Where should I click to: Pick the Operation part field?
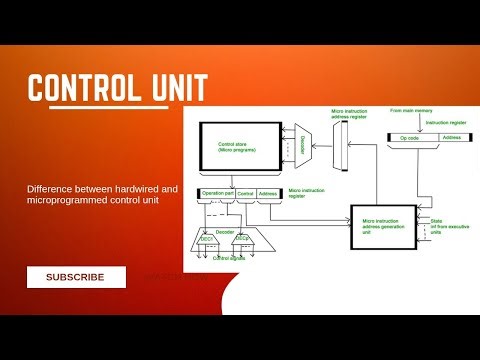tap(216, 193)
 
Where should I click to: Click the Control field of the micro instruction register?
tap(246, 193)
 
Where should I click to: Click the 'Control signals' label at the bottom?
tap(228, 257)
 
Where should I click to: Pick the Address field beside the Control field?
tap(267, 193)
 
